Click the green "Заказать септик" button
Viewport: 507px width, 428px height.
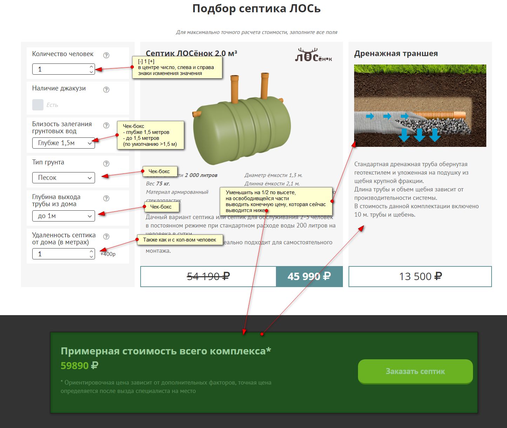click(x=415, y=371)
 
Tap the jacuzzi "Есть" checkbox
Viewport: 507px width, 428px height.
click(x=38, y=105)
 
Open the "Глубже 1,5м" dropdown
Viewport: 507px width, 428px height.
click(x=63, y=143)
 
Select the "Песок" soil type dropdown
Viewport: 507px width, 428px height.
click(x=63, y=178)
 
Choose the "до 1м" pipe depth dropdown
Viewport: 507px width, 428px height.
click(x=63, y=216)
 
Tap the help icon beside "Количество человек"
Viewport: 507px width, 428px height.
click(x=106, y=55)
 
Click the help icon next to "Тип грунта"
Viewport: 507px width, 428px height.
click(x=106, y=164)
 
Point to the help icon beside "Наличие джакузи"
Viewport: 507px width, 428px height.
click(x=106, y=90)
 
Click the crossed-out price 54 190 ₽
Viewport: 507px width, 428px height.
click(x=208, y=277)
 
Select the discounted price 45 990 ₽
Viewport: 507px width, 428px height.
click(x=309, y=277)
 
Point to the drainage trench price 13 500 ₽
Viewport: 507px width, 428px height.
click(x=420, y=277)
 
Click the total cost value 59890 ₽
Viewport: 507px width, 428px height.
click(x=79, y=366)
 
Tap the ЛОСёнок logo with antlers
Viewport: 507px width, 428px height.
click(x=313, y=55)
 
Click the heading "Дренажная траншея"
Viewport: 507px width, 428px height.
click(x=396, y=54)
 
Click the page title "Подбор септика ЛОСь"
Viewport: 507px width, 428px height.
click(x=256, y=8)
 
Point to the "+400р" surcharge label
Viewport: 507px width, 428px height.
click(x=108, y=254)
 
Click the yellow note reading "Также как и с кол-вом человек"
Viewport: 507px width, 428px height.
click(x=180, y=240)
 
